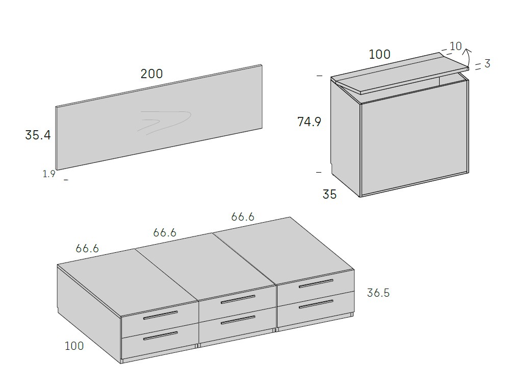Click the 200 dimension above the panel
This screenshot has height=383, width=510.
pyautogui.click(x=151, y=74)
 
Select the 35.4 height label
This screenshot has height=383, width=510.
pyautogui.click(x=38, y=135)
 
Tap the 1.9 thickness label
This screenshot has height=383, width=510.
pyautogui.click(x=49, y=174)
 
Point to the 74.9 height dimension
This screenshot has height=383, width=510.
pyautogui.click(x=310, y=122)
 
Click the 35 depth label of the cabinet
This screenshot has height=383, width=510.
pyautogui.click(x=329, y=195)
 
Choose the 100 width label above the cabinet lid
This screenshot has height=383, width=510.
pyautogui.click(x=379, y=54)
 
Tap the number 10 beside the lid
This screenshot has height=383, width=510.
pyautogui.click(x=455, y=46)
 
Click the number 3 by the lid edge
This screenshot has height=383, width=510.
pyautogui.click(x=487, y=63)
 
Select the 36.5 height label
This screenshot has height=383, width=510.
pyautogui.click(x=378, y=293)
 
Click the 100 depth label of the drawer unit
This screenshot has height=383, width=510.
pyautogui.click(x=74, y=346)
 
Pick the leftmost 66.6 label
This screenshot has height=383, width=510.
pyautogui.click(x=87, y=248)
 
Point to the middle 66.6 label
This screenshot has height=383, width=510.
pyautogui.click(x=165, y=232)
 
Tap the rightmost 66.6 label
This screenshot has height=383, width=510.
pyautogui.click(x=243, y=217)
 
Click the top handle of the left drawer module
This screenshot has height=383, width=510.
pyautogui.click(x=161, y=315)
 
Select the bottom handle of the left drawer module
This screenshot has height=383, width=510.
pyautogui.click(x=161, y=336)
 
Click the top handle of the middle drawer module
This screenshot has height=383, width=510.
pyautogui.click(x=238, y=299)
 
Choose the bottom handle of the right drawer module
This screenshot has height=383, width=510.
pyautogui.click(x=316, y=304)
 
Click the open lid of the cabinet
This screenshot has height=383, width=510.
pyautogui.click(x=400, y=74)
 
